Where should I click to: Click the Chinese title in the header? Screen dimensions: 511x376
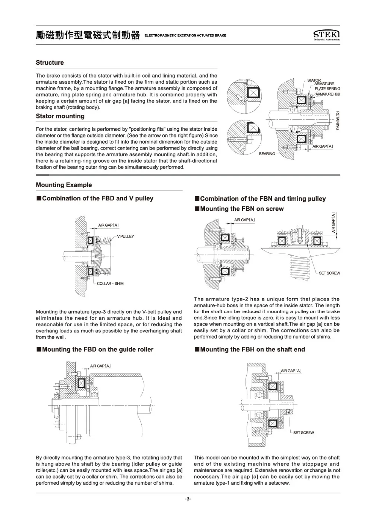tap(88, 35)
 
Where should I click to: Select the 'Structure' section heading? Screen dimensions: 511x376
tap(50, 63)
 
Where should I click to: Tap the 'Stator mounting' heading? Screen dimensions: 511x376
tap(60, 116)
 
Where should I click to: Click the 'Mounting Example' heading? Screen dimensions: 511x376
tap(64, 185)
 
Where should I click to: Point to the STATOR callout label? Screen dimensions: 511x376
tap(314, 80)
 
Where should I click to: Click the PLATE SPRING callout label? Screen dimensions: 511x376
tap(327, 89)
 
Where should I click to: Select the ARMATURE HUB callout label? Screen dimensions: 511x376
tap(327, 94)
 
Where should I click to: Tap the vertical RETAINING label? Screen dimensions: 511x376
tap(337, 121)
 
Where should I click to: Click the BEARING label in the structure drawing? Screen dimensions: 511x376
tap(267, 154)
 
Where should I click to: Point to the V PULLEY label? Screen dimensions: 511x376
tap(125, 236)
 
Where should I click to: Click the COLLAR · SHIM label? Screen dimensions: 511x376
tap(110, 284)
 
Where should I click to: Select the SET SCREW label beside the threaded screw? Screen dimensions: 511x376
tap(329, 273)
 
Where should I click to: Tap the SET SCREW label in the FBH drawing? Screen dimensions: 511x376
tap(303, 433)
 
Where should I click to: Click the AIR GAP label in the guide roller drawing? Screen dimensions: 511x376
tap(100, 366)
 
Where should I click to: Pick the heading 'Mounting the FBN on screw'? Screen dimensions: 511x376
tap(241, 209)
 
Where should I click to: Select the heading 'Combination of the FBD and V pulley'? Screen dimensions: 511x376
tap(97, 198)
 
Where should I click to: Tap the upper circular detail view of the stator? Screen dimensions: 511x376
tap(244, 97)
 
